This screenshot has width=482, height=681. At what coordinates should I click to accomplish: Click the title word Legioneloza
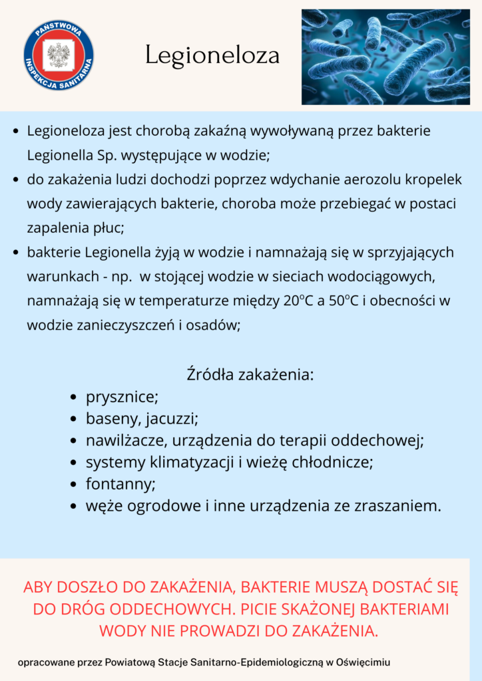click(x=212, y=56)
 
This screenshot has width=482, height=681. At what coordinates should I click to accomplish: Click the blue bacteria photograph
click(x=385, y=57)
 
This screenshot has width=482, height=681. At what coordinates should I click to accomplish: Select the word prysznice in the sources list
click(x=121, y=398)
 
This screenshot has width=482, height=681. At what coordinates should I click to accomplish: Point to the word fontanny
click(x=120, y=483)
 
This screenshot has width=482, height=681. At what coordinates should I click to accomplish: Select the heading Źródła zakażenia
click(x=250, y=374)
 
